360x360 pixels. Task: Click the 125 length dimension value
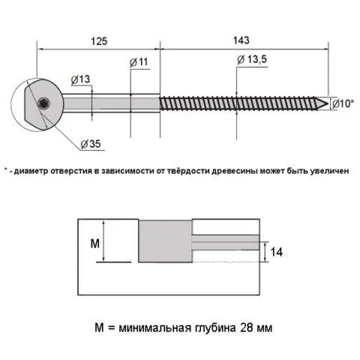pyautogui.click(x=99, y=41)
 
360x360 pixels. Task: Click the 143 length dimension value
pyautogui.click(x=241, y=40)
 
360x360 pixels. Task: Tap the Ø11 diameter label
pyautogui.click(x=139, y=62)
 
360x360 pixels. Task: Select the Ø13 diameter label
pyautogui.click(x=80, y=79)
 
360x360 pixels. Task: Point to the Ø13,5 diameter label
pyautogui.click(x=252, y=60)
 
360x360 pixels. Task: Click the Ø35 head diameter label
pyautogui.click(x=91, y=144)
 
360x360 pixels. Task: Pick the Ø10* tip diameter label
pyautogui.click(x=343, y=103)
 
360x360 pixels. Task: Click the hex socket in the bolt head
pyautogui.click(x=44, y=103)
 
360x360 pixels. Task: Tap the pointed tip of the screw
pyautogui.click(x=327, y=103)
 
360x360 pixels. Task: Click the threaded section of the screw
pyautogui.click(x=238, y=103)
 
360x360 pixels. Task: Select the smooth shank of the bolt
pyautogui.click(x=111, y=103)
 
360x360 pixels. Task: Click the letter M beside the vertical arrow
pyautogui.click(x=95, y=243)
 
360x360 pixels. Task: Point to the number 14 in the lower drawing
pyautogui.click(x=277, y=252)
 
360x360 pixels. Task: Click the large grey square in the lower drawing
pyautogui.click(x=165, y=241)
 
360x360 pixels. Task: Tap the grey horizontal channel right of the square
pyautogui.click(x=226, y=242)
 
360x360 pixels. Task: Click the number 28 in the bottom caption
pyautogui.click(x=247, y=327)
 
